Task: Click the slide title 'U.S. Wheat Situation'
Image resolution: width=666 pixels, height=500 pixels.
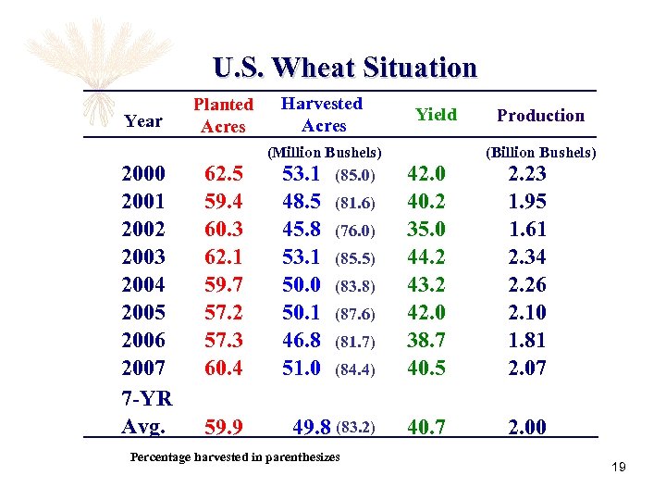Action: [x=344, y=68]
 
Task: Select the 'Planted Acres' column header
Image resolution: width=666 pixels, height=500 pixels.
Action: [x=223, y=116]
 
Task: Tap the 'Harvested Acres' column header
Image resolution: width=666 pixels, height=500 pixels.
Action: [x=322, y=115]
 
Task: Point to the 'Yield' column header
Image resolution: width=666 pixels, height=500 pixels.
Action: [x=435, y=115]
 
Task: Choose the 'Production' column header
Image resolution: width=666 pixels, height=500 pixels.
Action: [x=540, y=116]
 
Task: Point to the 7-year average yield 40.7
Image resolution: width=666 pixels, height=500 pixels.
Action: [x=426, y=427]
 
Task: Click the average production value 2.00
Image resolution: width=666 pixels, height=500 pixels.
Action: [x=527, y=427]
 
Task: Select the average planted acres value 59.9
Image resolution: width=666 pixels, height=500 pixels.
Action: [x=223, y=427]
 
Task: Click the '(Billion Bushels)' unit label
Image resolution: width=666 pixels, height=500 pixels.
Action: [x=541, y=152]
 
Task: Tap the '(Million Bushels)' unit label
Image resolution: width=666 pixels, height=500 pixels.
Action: [x=325, y=152]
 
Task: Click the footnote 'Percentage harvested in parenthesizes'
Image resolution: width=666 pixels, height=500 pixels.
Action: [x=235, y=456]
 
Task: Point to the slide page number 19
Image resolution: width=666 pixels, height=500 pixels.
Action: [x=618, y=467]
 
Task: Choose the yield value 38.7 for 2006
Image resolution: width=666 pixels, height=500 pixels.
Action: [x=426, y=341]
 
